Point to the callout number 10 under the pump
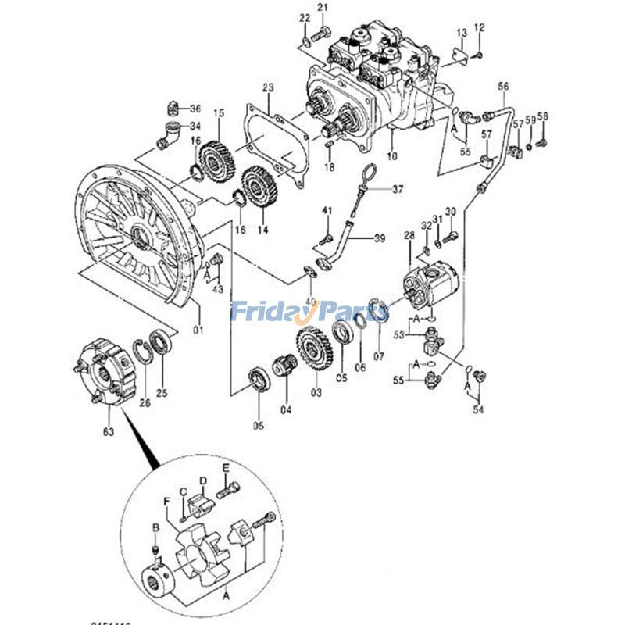coord(391,156)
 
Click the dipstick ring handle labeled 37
coord(371,173)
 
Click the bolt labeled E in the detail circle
coord(229,491)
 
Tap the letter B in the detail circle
coord(155,529)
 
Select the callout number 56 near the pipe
coord(503,87)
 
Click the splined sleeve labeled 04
coord(284,366)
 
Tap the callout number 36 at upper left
coord(195,108)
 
